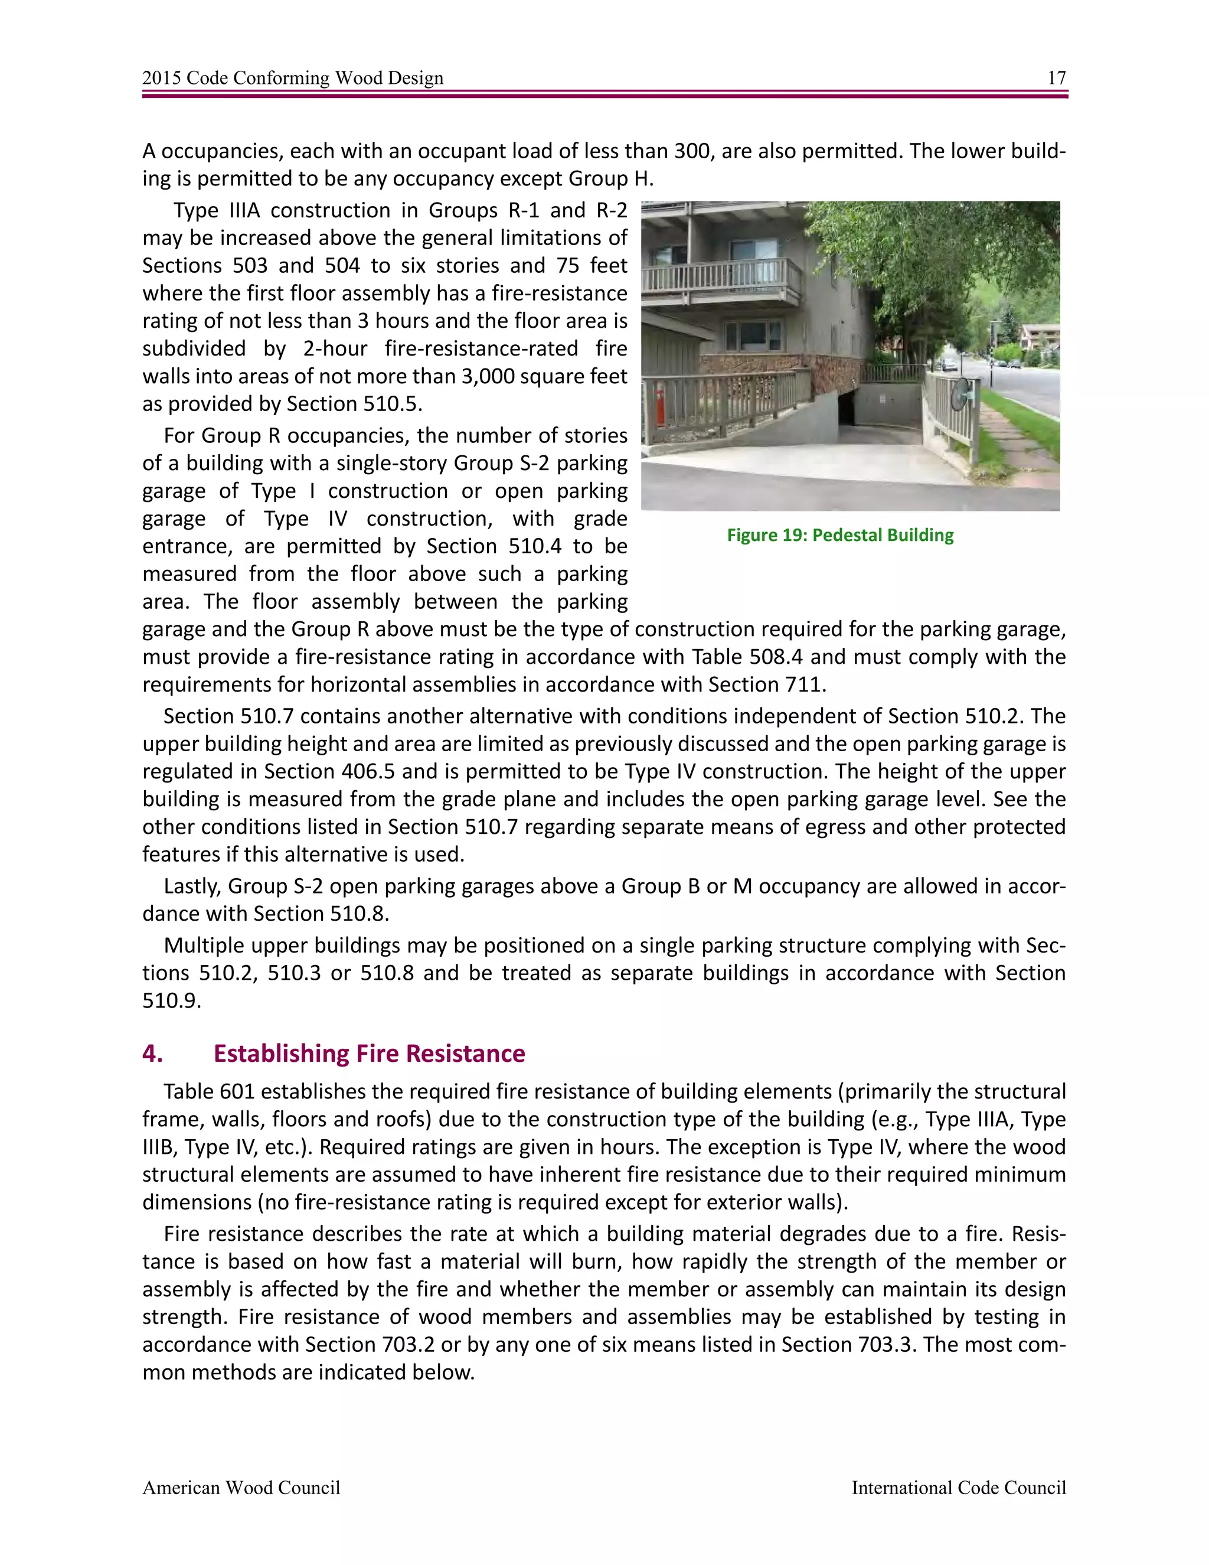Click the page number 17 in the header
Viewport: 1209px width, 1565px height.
point(1057,78)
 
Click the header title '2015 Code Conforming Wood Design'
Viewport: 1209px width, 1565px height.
point(292,78)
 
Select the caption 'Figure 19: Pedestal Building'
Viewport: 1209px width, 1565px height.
point(840,535)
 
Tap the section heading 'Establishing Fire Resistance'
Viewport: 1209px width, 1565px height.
point(369,1054)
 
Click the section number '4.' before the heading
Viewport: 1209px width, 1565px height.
point(152,1054)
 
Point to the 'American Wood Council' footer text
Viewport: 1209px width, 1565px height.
point(241,1488)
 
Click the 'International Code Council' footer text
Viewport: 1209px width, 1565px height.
point(958,1488)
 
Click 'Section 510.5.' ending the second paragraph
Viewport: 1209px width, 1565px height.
point(355,404)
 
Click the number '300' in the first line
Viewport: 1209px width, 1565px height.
point(692,151)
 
